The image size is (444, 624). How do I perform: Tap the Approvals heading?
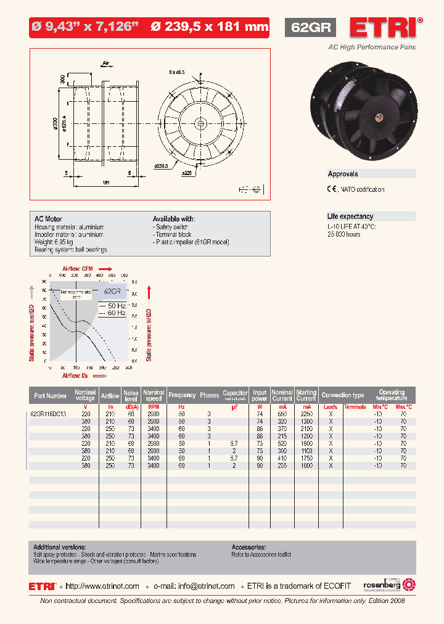(343, 174)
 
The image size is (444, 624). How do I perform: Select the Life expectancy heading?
(350, 216)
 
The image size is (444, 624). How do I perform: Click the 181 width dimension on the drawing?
(106, 183)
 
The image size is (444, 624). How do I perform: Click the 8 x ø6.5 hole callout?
(178, 73)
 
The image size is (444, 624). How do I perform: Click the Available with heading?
(174, 219)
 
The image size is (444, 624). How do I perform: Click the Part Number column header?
(51, 395)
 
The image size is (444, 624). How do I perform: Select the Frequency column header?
(182, 395)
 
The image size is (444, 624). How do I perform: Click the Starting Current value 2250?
(306, 414)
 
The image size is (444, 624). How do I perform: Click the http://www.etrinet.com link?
(102, 586)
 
